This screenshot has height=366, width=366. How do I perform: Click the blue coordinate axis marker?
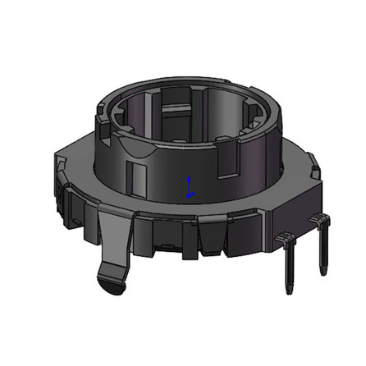pyautogui.click(x=190, y=187)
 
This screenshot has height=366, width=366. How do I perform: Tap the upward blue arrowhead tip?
pyautogui.click(x=190, y=176)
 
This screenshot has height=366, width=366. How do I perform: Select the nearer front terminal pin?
pyautogui.click(x=289, y=267)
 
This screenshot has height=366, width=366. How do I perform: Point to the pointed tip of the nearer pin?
pyautogui.click(x=288, y=291)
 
